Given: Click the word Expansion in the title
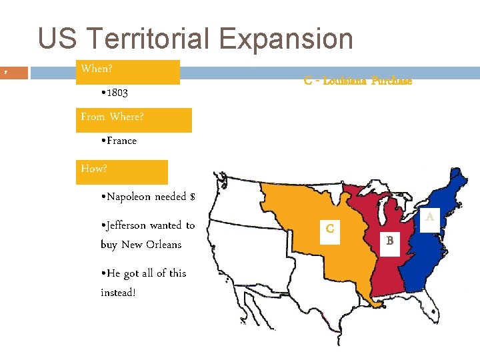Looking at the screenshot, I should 287,39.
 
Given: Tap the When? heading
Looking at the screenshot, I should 97,69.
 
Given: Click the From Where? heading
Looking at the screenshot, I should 112,117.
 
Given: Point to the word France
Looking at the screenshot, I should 121,141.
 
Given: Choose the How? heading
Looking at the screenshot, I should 94,169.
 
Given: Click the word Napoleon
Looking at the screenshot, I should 128,197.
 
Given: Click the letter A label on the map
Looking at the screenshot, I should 430,217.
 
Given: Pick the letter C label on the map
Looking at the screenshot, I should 330,229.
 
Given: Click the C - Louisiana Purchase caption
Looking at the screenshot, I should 357,81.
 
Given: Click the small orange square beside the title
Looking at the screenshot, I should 14,71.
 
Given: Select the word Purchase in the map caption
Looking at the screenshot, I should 391,81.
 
